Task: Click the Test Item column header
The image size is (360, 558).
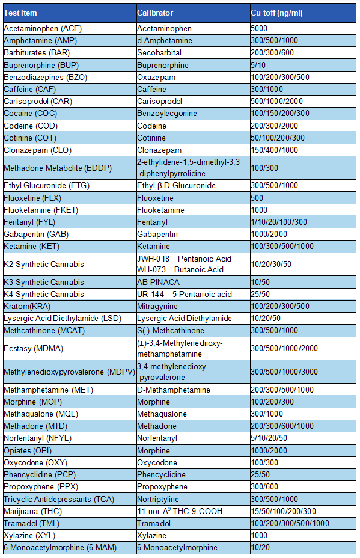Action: tap(22, 13)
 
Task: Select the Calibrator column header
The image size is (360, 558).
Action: tap(155, 13)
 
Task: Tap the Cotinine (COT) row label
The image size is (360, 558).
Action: tap(31, 138)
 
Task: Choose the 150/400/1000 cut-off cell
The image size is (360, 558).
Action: tap(275, 150)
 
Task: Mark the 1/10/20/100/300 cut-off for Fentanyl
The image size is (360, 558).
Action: tap(279, 222)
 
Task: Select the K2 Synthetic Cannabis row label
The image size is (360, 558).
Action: tap(44, 264)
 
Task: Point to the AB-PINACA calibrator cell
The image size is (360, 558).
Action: tap(158, 282)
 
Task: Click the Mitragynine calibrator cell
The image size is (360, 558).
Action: tap(158, 306)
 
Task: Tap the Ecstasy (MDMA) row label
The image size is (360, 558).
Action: tap(33, 348)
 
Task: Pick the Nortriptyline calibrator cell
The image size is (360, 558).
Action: tap(159, 499)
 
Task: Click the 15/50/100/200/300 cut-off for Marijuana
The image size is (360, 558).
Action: tap(283, 511)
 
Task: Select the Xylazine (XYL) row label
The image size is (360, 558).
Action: tap(31, 535)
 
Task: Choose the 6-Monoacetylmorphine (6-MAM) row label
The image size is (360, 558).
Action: tap(60, 547)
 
